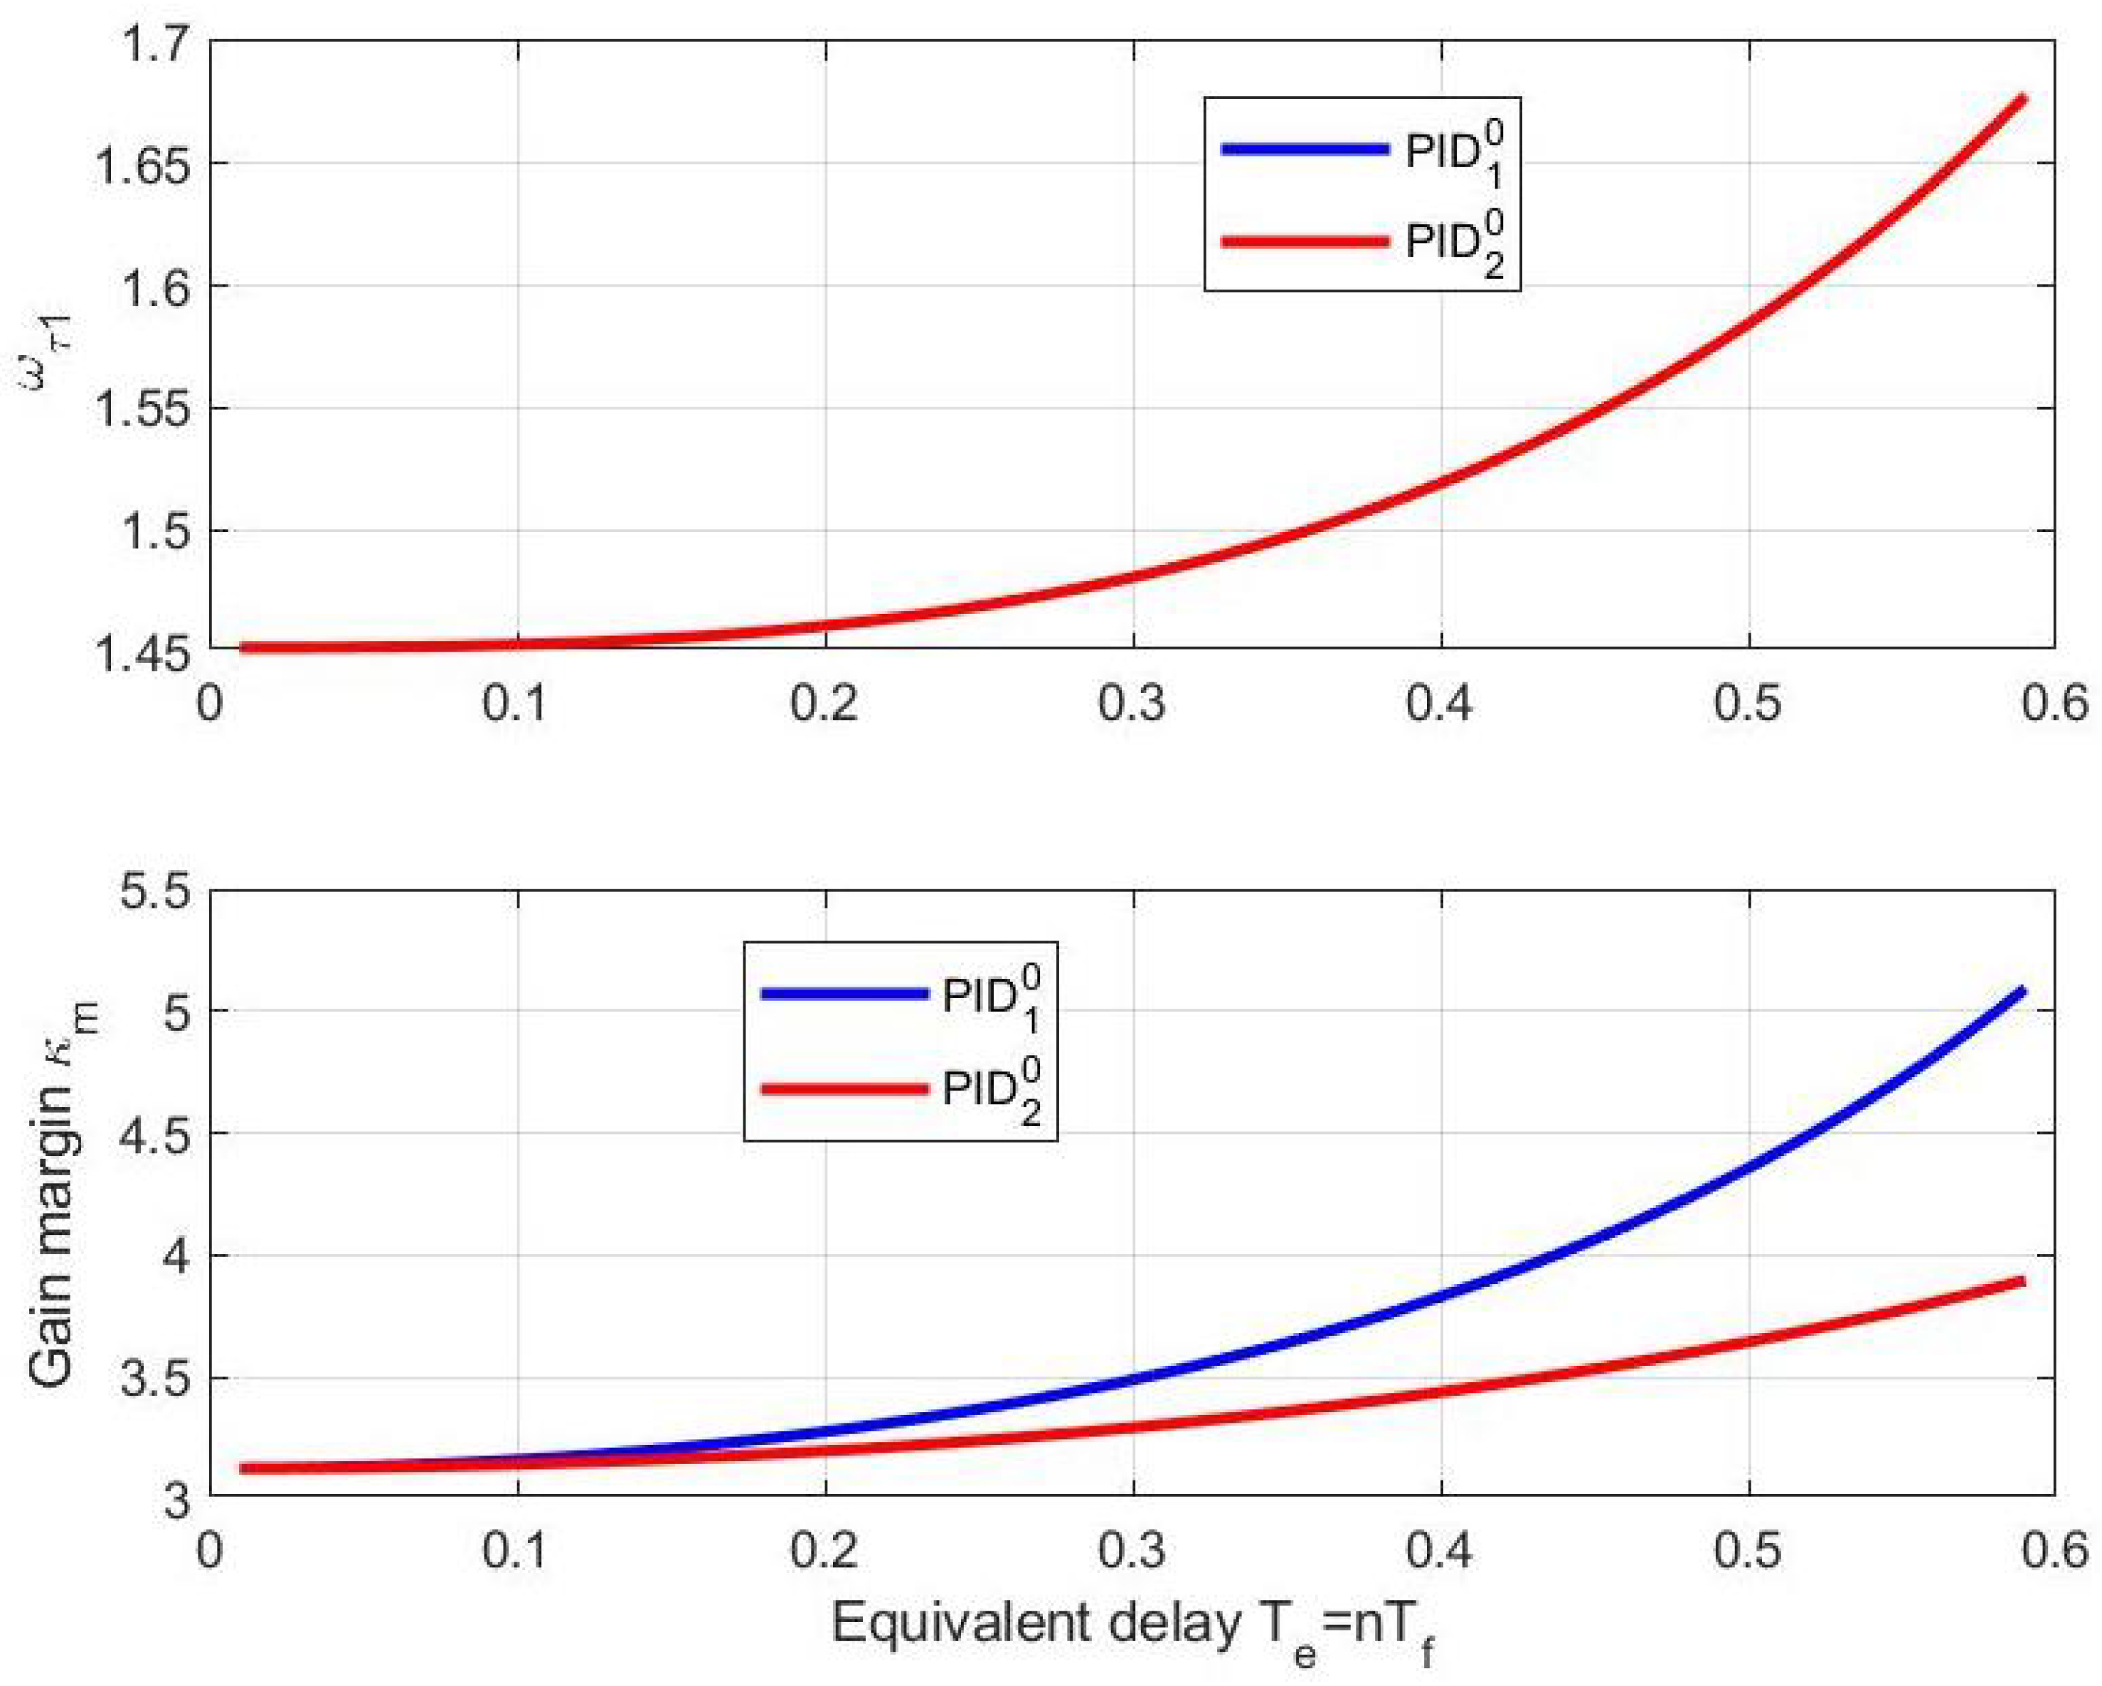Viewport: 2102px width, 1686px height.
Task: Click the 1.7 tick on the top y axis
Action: pos(156,44)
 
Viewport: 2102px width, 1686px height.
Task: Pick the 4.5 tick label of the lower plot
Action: pos(156,1134)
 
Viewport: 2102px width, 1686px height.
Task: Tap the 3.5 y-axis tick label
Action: pos(156,1379)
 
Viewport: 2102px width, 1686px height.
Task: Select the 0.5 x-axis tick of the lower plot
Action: pos(1748,1550)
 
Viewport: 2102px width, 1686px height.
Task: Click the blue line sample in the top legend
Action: pos(1305,149)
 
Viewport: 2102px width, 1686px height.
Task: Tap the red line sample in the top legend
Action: pos(1305,241)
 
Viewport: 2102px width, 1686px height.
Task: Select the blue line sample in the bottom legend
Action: pos(844,994)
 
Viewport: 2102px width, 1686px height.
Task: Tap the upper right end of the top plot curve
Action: pos(2024,98)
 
